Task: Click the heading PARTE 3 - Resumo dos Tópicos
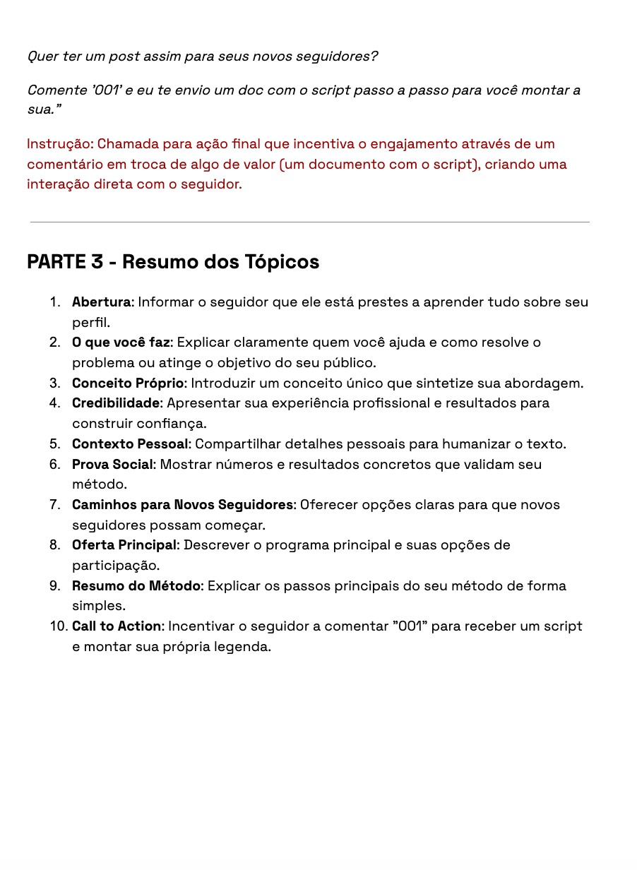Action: [173, 262]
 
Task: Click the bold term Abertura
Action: [101, 302]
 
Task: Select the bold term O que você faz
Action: [121, 342]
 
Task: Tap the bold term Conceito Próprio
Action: [128, 383]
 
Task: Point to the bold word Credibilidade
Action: [116, 403]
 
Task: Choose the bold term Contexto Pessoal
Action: [130, 444]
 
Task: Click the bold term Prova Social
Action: [112, 465]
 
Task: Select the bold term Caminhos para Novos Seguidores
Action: [182, 505]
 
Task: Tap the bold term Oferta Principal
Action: [125, 545]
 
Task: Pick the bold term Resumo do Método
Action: [136, 586]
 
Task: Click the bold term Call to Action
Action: [117, 626]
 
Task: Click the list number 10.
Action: [58, 626]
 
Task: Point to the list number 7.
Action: [54, 505]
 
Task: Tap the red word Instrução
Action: [59, 144]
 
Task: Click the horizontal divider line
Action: [309, 222]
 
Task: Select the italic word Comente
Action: [57, 91]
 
